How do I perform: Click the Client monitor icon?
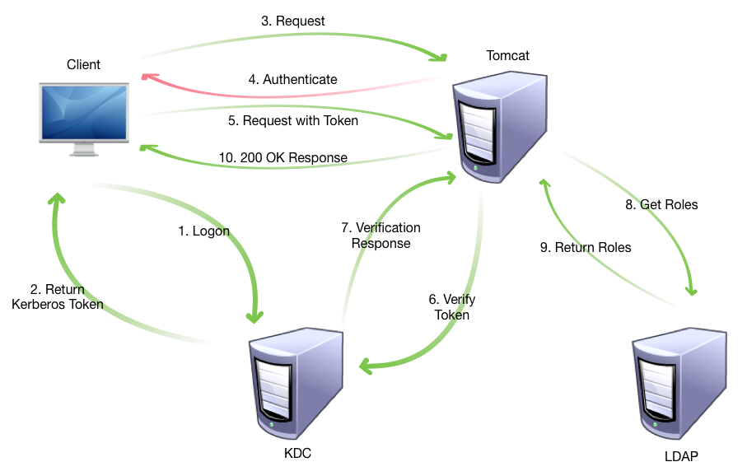coord(84,113)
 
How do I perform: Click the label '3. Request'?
coord(293,21)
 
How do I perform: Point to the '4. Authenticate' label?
coord(292,80)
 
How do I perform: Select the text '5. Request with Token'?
coord(293,121)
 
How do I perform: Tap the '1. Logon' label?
coord(204,231)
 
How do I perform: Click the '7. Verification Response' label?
coord(381,236)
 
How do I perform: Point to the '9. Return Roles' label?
coord(586,247)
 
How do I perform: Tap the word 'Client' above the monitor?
coord(83,64)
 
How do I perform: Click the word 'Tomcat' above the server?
coord(507,55)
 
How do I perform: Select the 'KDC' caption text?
coord(297,453)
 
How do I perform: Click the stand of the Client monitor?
coord(84,150)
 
